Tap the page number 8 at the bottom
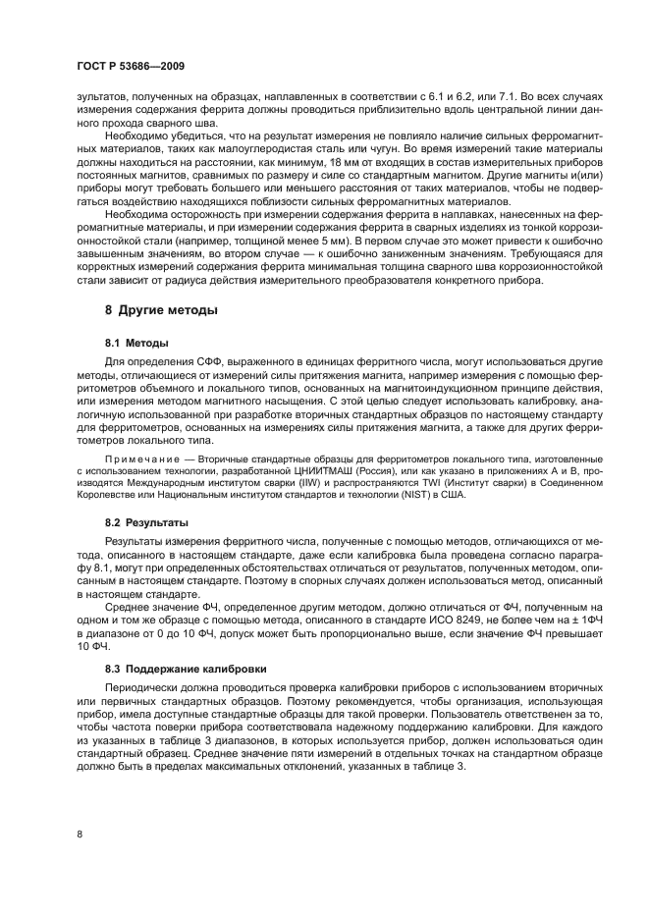pyautogui.click(x=80, y=834)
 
